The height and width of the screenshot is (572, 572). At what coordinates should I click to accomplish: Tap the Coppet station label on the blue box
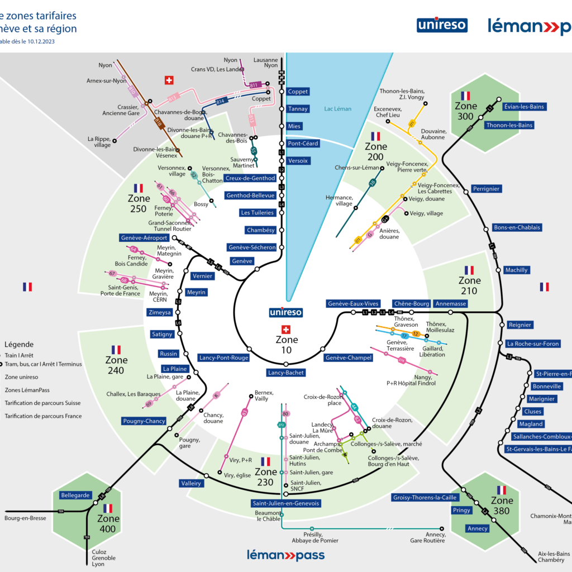click(x=298, y=92)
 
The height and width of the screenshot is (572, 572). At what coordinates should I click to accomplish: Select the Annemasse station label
click(x=450, y=304)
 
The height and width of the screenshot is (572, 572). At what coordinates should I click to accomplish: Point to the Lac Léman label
click(x=338, y=109)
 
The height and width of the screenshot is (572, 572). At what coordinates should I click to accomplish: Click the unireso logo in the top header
click(x=442, y=25)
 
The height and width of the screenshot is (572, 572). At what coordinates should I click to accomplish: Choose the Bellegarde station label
click(x=75, y=495)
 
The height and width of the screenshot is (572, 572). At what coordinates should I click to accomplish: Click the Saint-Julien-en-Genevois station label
click(x=286, y=503)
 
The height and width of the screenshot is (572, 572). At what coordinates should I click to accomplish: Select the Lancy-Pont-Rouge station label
click(x=223, y=357)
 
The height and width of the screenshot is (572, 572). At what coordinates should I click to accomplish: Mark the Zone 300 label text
click(x=466, y=111)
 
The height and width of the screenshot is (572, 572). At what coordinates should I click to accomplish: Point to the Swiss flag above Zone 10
click(x=287, y=329)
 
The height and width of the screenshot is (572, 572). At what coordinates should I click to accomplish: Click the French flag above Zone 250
click(x=139, y=188)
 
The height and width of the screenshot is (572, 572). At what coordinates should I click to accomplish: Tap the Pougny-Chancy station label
click(x=144, y=421)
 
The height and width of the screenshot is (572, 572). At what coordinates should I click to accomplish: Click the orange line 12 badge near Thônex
click(x=415, y=333)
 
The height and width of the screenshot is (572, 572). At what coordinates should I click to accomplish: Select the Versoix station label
click(x=298, y=161)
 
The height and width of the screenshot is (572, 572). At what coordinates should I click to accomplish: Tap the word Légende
click(x=19, y=345)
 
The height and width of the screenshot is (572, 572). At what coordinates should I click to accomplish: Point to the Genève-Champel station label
click(x=348, y=357)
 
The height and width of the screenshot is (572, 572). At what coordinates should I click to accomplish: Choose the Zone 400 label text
click(x=108, y=524)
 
